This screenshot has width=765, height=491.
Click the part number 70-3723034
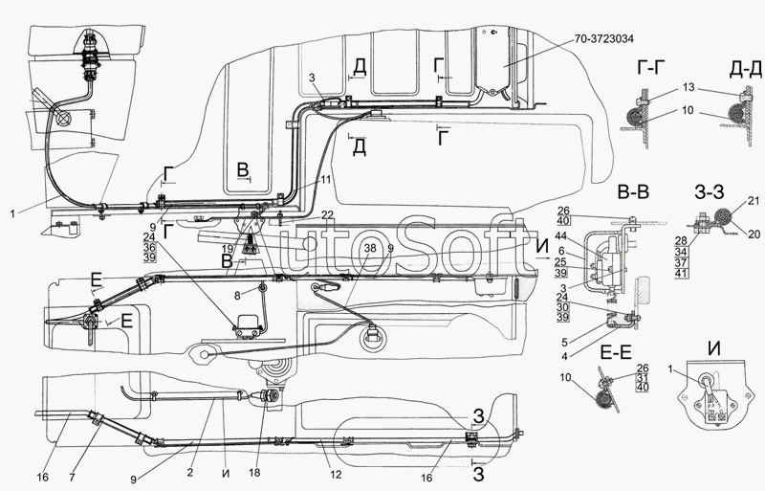[617, 38]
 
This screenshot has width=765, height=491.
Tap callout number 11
[326, 179]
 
